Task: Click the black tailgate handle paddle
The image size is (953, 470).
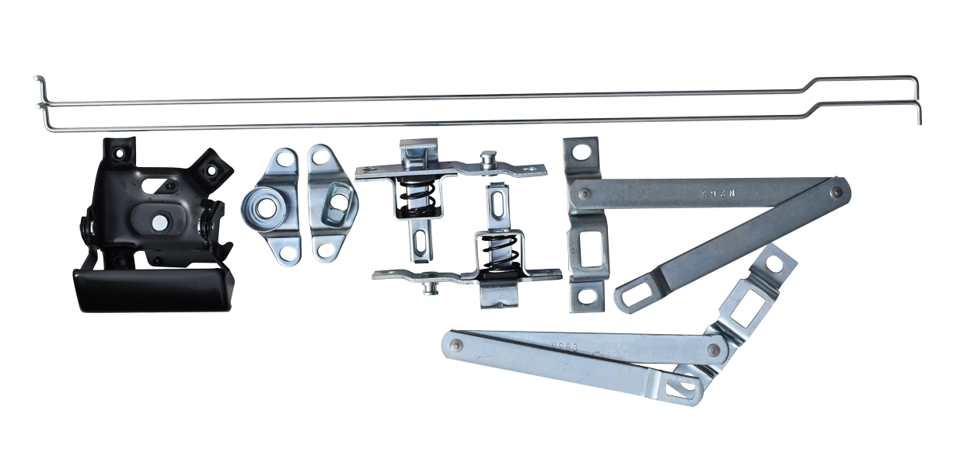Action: click(x=152, y=287)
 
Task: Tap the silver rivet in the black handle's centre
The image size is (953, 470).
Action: click(x=159, y=222)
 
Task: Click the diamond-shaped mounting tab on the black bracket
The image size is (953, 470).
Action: click(x=211, y=166)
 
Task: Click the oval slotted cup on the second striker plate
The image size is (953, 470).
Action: click(x=337, y=200)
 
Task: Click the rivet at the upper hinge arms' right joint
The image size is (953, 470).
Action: click(x=836, y=189)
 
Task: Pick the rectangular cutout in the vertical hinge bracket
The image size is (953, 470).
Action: click(x=588, y=252)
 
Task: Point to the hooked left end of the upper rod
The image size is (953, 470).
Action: click(x=37, y=81)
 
